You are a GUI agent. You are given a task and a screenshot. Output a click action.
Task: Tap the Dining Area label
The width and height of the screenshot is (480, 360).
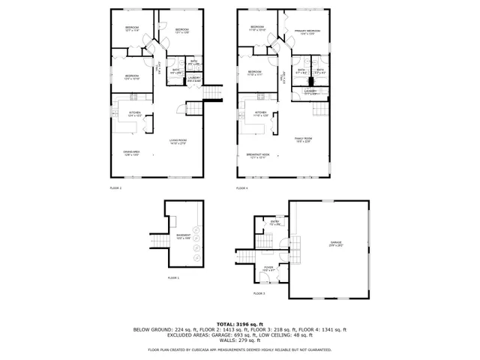point(132,153)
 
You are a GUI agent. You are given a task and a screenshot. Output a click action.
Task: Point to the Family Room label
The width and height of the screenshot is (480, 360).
point(303,140)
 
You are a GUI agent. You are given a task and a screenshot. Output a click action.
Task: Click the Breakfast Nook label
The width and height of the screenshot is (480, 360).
point(258,156)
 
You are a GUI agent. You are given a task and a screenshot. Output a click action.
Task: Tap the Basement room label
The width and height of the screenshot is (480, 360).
point(183,236)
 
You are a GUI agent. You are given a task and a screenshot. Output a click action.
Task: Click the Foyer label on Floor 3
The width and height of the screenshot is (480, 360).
point(268,268)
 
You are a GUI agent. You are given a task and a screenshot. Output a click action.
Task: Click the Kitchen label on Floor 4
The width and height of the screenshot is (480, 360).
point(261,115)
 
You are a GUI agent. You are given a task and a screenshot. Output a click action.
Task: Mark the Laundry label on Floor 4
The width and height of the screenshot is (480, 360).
point(310,92)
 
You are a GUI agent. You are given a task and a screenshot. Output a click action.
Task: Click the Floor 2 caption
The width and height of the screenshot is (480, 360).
point(115,187)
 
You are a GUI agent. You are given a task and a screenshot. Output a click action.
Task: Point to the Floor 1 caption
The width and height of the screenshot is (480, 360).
point(174,277)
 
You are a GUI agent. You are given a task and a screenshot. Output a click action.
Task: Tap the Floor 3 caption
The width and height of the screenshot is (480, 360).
point(259,293)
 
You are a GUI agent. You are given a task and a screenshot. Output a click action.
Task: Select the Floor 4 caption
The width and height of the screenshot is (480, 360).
point(241,187)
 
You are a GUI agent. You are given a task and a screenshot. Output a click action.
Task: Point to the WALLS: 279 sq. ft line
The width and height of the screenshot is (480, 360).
point(240,340)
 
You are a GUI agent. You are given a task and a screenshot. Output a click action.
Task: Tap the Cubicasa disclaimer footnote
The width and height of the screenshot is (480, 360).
point(240,349)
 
